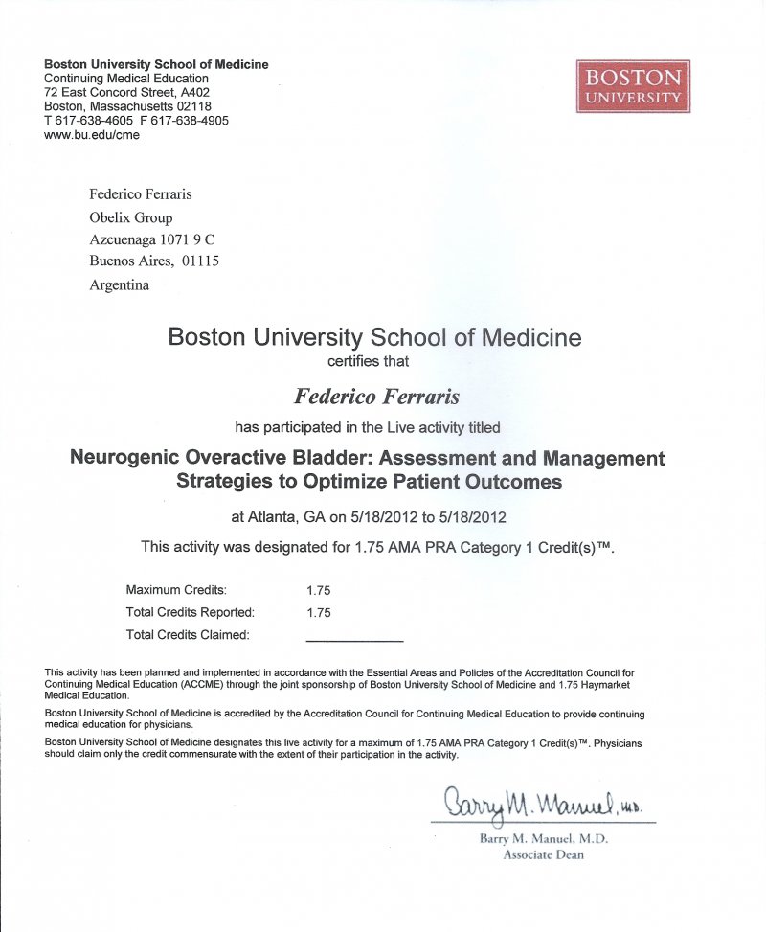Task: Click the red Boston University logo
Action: (x=633, y=86)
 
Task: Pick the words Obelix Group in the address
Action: (x=131, y=217)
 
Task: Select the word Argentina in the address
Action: (x=119, y=284)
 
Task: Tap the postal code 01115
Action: (x=200, y=261)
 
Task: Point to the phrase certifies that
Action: (x=369, y=361)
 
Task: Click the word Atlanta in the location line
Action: (x=272, y=517)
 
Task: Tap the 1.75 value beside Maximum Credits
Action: (x=318, y=590)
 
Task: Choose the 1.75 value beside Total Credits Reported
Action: (x=318, y=611)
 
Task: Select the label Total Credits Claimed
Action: (x=188, y=634)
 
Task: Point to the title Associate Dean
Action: (x=543, y=854)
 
